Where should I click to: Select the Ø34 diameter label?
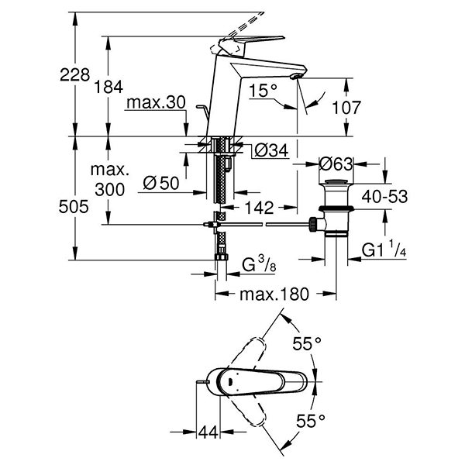pyautogui.click(x=271, y=148)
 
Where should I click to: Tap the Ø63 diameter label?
pyautogui.click(x=337, y=164)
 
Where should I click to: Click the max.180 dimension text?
pyautogui.click(x=274, y=294)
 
